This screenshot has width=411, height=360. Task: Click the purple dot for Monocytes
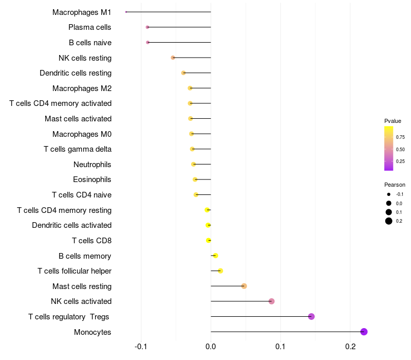tap(364, 332)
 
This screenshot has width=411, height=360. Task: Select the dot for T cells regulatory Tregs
tap(311, 316)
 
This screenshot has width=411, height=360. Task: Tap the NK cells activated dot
tap(271, 301)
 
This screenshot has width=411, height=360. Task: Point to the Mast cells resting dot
tap(244, 286)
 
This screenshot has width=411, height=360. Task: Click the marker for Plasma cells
tap(147, 27)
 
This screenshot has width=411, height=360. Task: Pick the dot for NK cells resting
tap(173, 58)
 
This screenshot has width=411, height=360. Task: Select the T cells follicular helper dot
tap(220, 271)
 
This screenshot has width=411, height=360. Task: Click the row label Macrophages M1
tap(82, 12)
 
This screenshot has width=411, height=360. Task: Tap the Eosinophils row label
tap(92, 179)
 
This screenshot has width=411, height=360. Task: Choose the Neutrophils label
tap(92, 165)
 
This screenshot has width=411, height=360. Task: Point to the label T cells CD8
tap(91, 240)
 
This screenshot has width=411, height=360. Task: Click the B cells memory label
tap(85, 256)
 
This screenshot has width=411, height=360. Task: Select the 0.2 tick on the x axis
tap(350, 347)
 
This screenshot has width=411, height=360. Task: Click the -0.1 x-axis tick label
tap(141, 347)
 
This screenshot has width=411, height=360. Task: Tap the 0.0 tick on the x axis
tap(211, 347)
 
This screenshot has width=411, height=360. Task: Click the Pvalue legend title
tap(393, 121)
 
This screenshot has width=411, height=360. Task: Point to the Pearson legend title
tap(395, 185)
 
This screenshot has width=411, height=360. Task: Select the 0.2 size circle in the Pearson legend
tap(389, 221)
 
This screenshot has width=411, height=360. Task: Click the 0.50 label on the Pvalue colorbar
tap(400, 149)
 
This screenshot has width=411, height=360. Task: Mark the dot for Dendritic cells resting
tap(183, 73)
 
